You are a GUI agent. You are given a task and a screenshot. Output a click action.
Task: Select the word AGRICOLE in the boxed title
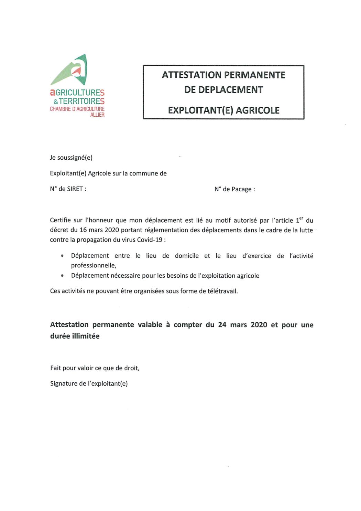[x=258, y=110]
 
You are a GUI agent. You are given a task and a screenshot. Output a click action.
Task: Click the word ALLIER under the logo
[x=97, y=115]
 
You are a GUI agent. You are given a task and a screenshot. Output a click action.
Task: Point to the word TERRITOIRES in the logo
[x=81, y=101]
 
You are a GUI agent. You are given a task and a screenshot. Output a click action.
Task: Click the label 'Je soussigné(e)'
[x=71, y=158]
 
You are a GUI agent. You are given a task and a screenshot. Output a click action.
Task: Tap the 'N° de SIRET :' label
[x=68, y=189]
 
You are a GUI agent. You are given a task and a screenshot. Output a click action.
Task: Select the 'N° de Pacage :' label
[x=234, y=189]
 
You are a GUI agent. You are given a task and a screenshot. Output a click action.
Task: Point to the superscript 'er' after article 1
[x=301, y=218]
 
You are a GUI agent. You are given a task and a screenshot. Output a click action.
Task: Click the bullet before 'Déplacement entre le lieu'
[x=62, y=256]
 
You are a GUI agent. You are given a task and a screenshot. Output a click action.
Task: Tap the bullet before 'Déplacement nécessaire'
[x=62, y=276]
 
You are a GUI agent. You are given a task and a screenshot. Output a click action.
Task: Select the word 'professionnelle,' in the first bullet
[x=94, y=265]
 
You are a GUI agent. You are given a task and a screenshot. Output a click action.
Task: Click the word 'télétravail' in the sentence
[x=222, y=291]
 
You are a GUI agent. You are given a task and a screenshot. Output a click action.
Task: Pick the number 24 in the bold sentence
[x=222, y=325]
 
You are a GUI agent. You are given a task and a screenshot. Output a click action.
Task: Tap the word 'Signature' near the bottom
[x=64, y=383]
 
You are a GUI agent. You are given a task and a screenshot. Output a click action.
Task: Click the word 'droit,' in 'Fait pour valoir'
[x=132, y=368]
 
